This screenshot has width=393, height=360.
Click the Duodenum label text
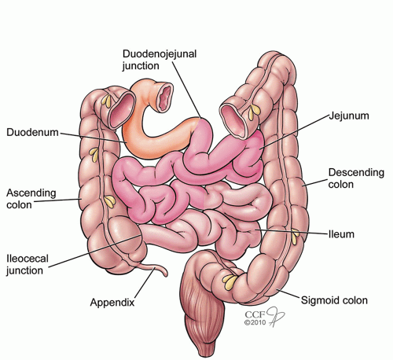click(x=32, y=132)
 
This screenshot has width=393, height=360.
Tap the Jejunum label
click(x=349, y=116)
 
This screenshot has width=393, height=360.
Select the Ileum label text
click(x=341, y=234)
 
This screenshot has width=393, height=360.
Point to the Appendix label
click(x=112, y=303)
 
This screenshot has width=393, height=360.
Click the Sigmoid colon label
click(x=334, y=300)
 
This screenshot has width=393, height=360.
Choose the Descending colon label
click(x=356, y=178)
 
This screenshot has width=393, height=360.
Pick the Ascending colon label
click(x=31, y=199)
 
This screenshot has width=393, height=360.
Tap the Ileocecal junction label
click(x=28, y=265)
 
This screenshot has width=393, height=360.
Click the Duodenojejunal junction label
click(x=160, y=60)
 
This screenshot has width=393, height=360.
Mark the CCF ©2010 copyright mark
click(x=255, y=318)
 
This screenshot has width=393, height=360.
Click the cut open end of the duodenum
click(x=165, y=97)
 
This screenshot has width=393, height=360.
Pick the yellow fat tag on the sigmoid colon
click(x=230, y=281)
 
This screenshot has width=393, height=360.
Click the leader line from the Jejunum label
click(x=295, y=132)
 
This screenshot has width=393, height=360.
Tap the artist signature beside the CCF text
click(x=275, y=316)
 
